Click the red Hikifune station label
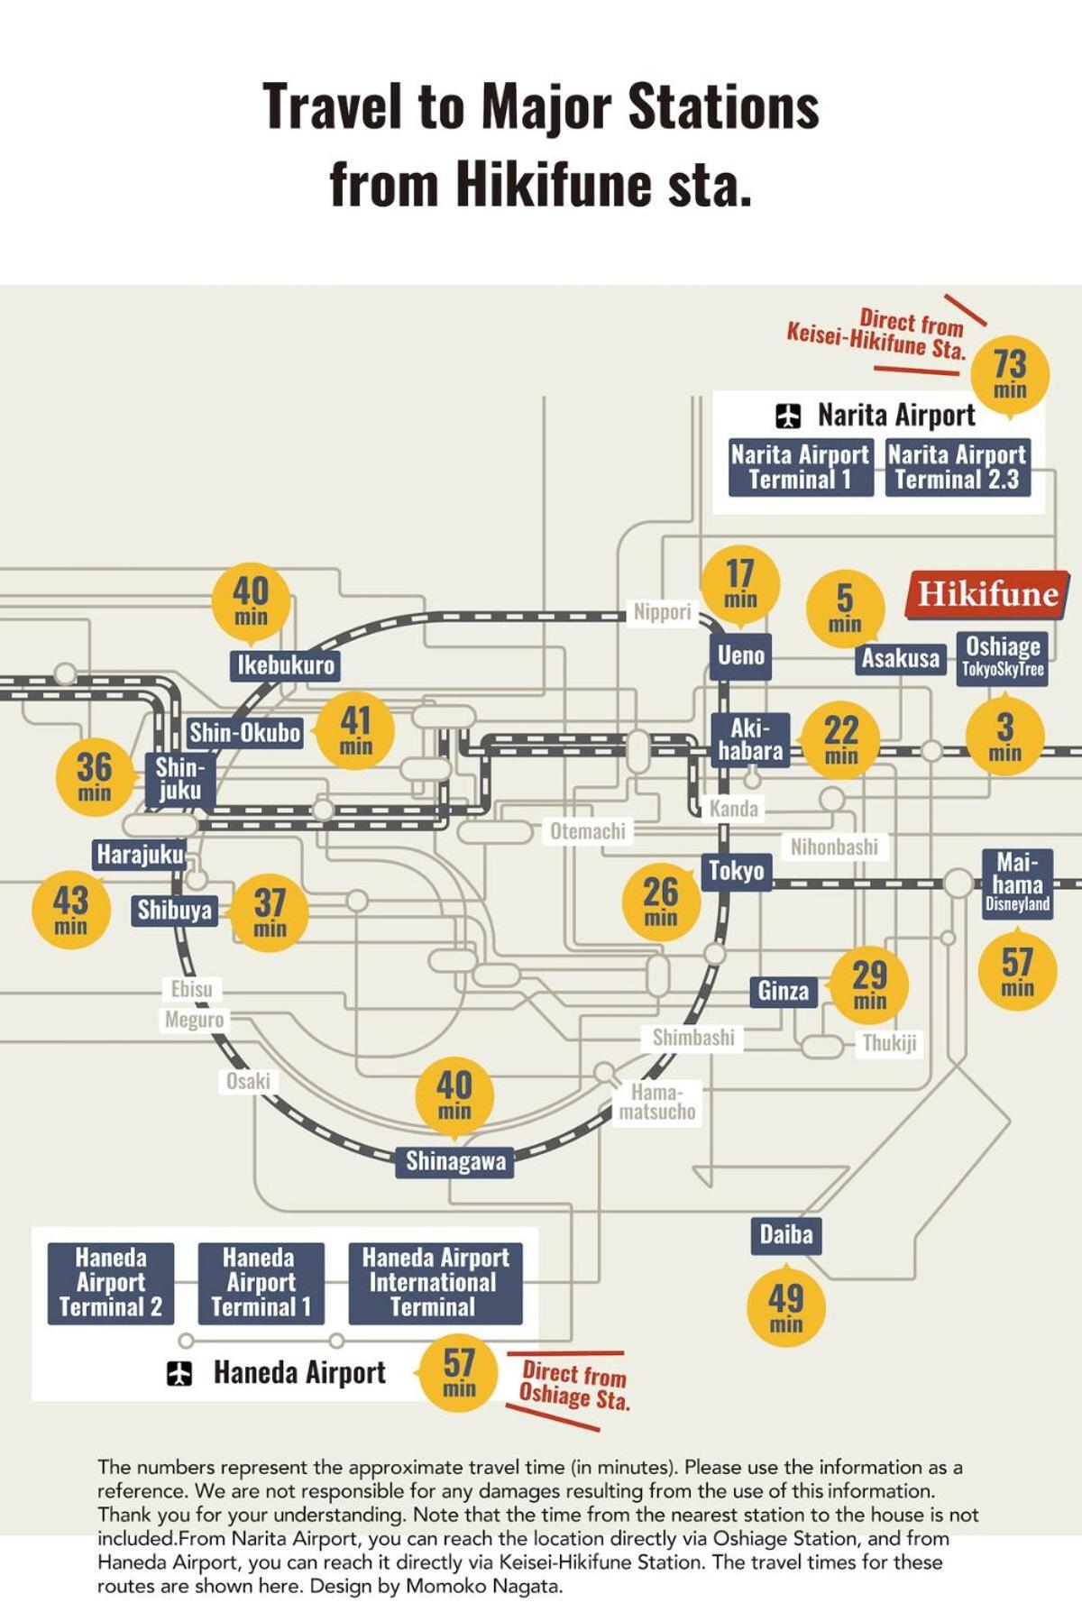(988, 594)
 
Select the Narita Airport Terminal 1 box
(801, 467)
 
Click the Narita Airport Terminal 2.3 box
(958, 467)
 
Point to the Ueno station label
(741, 655)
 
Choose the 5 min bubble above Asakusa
(845, 608)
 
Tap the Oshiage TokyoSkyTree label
(1003, 657)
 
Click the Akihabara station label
(750, 740)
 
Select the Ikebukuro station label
(286, 665)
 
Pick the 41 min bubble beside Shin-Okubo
(355, 730)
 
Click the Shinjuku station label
(180, 779)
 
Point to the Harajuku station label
(140, 854)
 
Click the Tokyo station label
(737, 871)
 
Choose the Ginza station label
(784, 991)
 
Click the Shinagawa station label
(455, 1161)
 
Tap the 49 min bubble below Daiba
(785, 1307)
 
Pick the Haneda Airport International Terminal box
(436, 1283)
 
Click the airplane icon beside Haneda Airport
(179, 1373)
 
